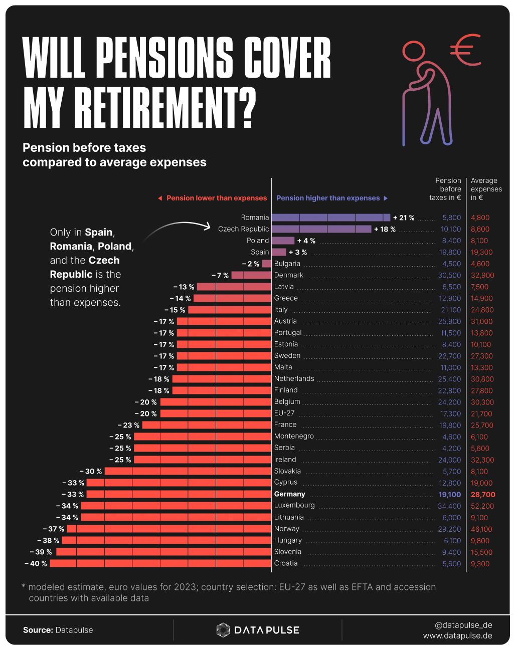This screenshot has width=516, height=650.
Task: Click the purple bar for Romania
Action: [330, 218]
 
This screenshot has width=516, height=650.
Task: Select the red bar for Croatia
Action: [160, 563]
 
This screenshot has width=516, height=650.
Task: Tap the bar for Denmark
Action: [251, 275]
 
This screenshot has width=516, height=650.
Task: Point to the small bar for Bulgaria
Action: [267, 264]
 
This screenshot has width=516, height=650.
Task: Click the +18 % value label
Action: [385, 229]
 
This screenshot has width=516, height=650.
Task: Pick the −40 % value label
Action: [36, 564]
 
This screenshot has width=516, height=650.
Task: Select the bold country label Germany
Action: [289, 494]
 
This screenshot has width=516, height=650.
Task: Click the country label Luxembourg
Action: [294, 505]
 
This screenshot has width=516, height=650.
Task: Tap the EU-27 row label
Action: [284, 413]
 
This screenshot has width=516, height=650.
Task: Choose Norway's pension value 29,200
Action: [449, 529]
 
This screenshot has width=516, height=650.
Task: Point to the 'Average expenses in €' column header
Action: [486, 189]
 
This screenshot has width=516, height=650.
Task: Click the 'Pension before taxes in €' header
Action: [446, 189]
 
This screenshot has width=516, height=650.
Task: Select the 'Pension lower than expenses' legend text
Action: [216, 198]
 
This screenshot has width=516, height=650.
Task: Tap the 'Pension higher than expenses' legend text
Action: [328, 198]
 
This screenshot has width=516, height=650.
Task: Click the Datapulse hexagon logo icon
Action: [223, 630]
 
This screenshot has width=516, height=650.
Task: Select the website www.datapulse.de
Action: [457, 635]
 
